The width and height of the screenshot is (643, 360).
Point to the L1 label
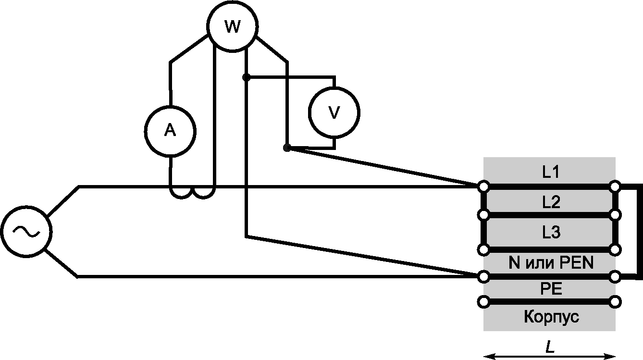551,172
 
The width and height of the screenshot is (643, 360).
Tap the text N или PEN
551,263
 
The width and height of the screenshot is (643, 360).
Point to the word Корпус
551,317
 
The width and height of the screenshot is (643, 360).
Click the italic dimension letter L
550,348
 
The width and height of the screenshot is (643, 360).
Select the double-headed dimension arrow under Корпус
549,357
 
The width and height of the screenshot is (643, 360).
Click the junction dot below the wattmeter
246,77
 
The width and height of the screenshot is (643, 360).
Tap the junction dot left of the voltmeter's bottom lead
287,148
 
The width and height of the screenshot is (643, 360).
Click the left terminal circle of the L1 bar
483,186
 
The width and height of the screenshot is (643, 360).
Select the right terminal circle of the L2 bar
615,215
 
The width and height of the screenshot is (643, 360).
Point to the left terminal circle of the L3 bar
483,249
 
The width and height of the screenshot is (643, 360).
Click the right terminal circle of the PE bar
615,302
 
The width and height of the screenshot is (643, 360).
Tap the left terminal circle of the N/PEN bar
483,277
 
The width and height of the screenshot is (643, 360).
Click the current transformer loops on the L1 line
192,194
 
